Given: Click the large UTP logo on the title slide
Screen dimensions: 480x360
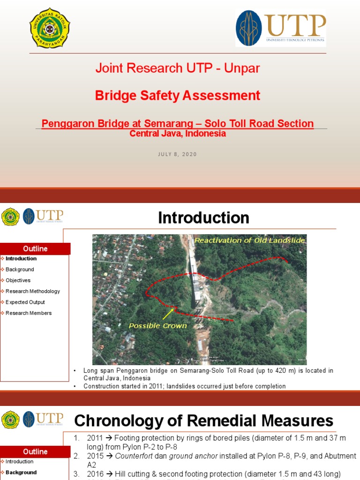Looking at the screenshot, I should tap(280, 28).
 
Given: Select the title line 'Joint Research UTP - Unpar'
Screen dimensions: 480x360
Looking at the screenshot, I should tap(177, 68).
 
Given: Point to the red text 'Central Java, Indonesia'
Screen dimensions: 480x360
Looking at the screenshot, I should tap(177, 134).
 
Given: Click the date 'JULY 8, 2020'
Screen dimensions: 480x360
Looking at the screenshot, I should tap(177, 154).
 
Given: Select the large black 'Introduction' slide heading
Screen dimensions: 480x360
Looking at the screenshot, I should tap(203, 218).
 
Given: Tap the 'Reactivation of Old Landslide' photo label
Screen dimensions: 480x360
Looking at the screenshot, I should tap(249, 240).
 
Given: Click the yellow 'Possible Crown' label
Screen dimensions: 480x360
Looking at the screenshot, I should tap(157, 326).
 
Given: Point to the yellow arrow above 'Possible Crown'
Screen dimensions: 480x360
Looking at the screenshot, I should tap(168, 313).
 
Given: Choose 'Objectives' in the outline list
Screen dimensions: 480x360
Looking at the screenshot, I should tap(18, 280).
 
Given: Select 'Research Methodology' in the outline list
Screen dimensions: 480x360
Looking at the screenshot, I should tap(33, 291).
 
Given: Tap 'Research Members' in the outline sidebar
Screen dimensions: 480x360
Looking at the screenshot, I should tap(29, 313).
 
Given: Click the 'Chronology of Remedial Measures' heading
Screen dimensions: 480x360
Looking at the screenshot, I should tap(204, 420).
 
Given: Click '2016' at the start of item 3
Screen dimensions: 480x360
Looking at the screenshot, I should tap(95, 473).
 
